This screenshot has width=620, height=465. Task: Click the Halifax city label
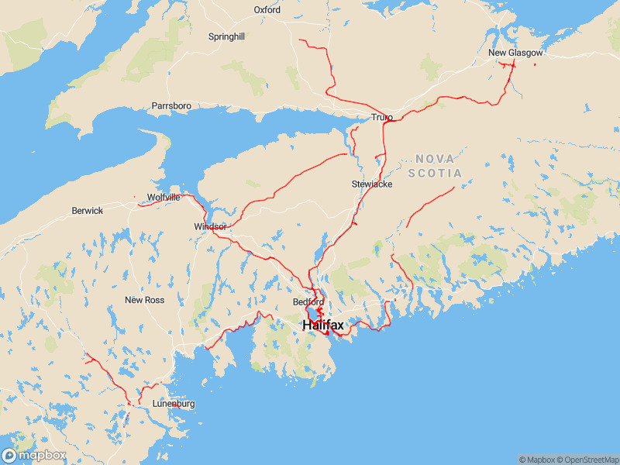[x=323, y=325]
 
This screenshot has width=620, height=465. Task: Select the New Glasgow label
[x=515, y=53]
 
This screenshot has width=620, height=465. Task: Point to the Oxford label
[x=267, y=10]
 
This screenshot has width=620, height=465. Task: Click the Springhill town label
[x=226, y=36]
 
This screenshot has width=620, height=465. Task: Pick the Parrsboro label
[x=171, y=105]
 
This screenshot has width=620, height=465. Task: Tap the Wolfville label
[x=164, y=198]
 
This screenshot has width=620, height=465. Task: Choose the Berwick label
[x=87, y=211]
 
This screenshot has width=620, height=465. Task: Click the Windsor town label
[x=210, y=227]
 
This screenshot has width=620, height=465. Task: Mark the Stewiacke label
[x=372, y=184]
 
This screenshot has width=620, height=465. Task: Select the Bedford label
[x=308, y=301]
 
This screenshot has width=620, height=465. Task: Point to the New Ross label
[x=145, y=300]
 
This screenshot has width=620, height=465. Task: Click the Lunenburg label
[x=174, y=404]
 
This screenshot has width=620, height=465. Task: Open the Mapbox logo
[x=34, y=456]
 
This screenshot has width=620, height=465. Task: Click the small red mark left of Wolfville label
[x=135, y=197]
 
